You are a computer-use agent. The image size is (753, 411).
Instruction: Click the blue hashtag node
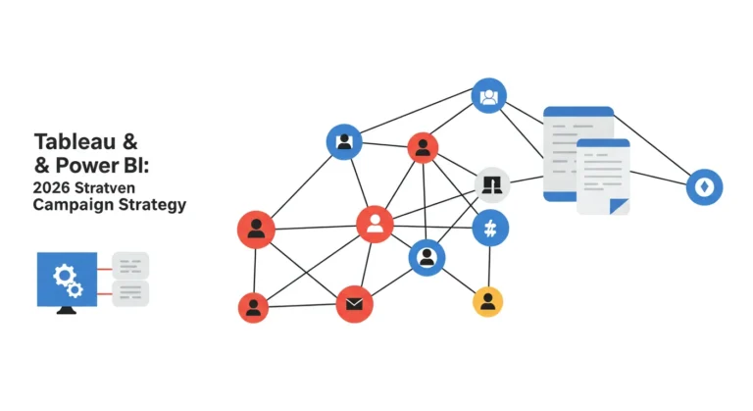coord(490,229)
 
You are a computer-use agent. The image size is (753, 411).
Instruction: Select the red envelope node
coord(354,304)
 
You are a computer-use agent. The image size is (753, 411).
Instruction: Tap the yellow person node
coord(488,302)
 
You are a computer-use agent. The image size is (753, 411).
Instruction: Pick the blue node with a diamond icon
coord(704,187)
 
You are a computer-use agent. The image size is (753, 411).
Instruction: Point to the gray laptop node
coord(492,185)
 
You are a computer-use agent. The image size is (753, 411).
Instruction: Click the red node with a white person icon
coord(375,224)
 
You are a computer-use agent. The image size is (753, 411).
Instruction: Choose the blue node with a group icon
coord(489,96)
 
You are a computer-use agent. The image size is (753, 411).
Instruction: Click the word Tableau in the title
coord(75,142)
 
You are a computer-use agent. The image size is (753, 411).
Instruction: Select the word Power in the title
coord(87,166)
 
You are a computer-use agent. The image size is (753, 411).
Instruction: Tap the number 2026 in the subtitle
coord(51,187)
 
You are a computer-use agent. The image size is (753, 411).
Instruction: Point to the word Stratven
coord(105,187)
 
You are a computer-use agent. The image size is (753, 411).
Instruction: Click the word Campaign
coord(73,205)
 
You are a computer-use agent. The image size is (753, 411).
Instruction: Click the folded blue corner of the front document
coord(619,206)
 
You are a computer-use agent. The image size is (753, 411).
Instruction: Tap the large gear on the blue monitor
coord(64,276)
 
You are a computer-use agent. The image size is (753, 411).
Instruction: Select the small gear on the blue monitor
coord(75,290)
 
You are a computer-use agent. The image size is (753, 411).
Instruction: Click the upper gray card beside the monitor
coord(130,266)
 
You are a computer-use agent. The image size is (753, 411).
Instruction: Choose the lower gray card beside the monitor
coord(130,292)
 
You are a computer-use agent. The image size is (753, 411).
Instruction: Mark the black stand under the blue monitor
coord(67,310)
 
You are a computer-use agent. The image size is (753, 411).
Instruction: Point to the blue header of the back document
coord(578,112)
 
